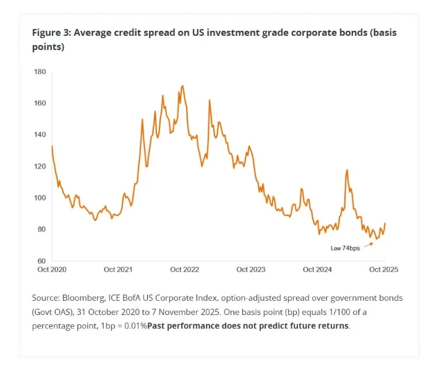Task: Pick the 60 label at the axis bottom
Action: pyautogui.click(x=40, y=261)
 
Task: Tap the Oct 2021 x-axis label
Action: pyautogui.click(x=117, y=270)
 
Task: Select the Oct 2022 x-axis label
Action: pyautogui.click(x=184, y=270)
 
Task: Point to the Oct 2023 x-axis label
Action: pyautogui.click(x=251, y=270)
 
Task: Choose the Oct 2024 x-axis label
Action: pyautogui.click(x=318, y=270)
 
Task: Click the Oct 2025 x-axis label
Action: pyautogui.click(x=383, y=270)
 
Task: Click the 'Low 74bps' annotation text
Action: pyautogui.click(x=345, y=248)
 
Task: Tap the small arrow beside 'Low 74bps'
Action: pyautogui.click(x=368, y=244)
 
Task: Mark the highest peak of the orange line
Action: pyautogui.click(x=182, y=86)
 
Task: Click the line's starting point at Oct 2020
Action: pyautogui.click(x=52, y=146)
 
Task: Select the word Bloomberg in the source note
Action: pyautogui.click(x=80, y=298)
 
